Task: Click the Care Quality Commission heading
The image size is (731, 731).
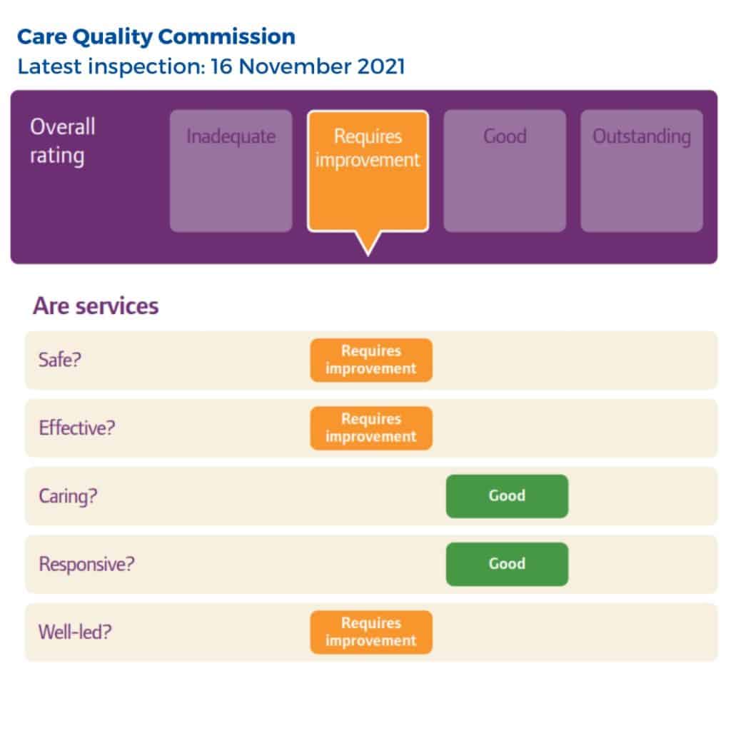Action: click(x=156, y=37)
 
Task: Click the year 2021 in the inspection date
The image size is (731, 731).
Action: click(x=381, y=66)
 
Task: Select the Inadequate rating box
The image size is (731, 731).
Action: click(x=231, y=171)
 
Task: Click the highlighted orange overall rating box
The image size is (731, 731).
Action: click(x=368, y=171)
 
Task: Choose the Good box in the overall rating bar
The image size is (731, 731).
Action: click(x=505, y=171)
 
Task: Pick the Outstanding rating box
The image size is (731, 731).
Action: click(x=642, y=171)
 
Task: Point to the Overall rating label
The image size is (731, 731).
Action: click(x=63, y=141)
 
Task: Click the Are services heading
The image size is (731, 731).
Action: click(x=96, y=306)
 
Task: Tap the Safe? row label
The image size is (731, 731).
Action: click(x=60, y=360)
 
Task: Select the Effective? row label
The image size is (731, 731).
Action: click(x=77, y=428)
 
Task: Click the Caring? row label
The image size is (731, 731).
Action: click(x=68, y=496)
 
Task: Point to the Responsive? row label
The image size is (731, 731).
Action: click(x=86, y=564)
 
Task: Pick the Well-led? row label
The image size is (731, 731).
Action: click(x=75, y=632)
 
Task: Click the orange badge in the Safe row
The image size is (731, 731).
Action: click(x=371, y=360)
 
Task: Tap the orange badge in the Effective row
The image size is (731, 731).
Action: click(x=371, y=428)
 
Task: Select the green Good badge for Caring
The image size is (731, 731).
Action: click(x=508, y=496)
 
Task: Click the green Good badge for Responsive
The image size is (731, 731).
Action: click(x=508, y=564)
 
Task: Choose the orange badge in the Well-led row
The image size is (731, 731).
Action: click(x=371, y=632)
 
